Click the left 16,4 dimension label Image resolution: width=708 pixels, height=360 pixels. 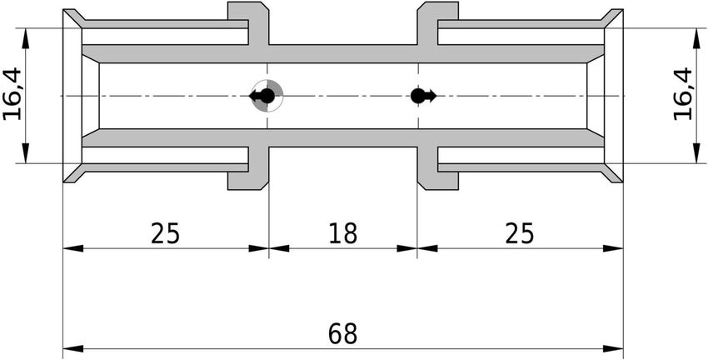(12, 94)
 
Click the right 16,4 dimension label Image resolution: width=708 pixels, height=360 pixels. (683, 94)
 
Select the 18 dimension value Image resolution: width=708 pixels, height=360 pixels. (342, 233)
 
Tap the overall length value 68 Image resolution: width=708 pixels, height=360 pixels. (342, 334)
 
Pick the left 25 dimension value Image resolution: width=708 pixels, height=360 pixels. (165, 233)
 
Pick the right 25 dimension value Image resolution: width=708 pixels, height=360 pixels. (520, 233)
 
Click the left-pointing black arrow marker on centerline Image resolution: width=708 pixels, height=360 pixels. (262, 96)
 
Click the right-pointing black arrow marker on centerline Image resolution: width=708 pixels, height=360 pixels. (423, 96)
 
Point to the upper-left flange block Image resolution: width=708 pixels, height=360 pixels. (248, 22)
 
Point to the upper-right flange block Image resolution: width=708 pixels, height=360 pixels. (438, 22)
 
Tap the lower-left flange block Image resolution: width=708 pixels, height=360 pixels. (248, 168)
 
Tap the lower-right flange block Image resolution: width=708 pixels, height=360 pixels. (438, 168)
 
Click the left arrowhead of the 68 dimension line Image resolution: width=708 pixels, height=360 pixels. (72, 348)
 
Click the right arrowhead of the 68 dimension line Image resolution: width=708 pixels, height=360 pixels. (613, 348)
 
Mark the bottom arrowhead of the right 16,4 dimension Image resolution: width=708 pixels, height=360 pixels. (696, 153)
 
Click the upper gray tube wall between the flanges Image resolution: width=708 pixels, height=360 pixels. (343, 54)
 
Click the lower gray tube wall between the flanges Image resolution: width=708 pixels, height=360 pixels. (343, 137)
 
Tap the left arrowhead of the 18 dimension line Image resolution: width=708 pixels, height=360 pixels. (279, 248)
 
